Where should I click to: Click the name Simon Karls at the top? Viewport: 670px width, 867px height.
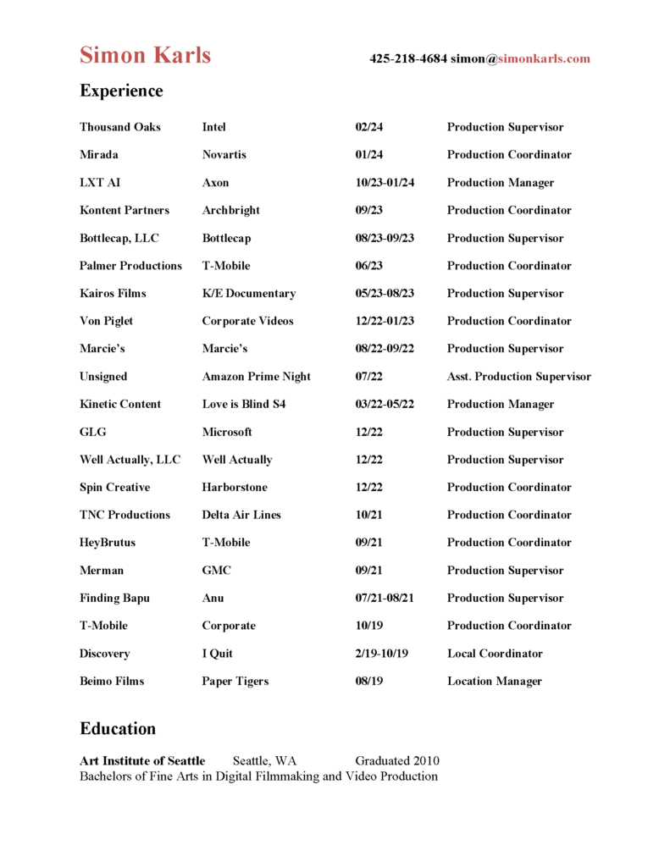(x=145, y=56)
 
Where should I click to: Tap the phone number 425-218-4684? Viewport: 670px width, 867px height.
(x=407, y=59)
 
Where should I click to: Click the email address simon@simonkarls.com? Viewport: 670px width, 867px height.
(x=520, y=59)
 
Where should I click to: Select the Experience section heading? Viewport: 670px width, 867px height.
(x=121, y=91)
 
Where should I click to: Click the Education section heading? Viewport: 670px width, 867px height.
(x=118, y=729)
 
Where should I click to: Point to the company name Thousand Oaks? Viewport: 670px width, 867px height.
(x=119, y=127)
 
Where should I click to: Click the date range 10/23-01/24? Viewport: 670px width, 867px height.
(x=385, y=183)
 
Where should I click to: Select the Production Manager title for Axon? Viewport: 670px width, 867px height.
(x=501, y=183)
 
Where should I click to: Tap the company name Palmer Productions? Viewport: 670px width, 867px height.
(x=130, y=266)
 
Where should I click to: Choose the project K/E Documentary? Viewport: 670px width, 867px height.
(x=248, y=294)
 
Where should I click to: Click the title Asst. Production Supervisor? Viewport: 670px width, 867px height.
(x=518, y=377)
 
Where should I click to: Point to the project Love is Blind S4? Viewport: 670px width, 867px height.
(x=243, y=405)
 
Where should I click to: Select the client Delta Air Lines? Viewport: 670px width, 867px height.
(x=241, y=515)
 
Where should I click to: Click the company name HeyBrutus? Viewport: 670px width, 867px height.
(x=107, y=543)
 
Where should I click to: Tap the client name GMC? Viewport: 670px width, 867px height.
(x=216, y=571)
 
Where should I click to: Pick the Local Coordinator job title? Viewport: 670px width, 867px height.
(x=495, y=654)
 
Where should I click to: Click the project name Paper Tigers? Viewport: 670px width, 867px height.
(x=235, y=682)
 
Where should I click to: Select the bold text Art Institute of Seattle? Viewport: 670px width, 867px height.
(x=142, y=761)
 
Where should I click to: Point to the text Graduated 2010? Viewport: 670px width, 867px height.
(x=396, y=761)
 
